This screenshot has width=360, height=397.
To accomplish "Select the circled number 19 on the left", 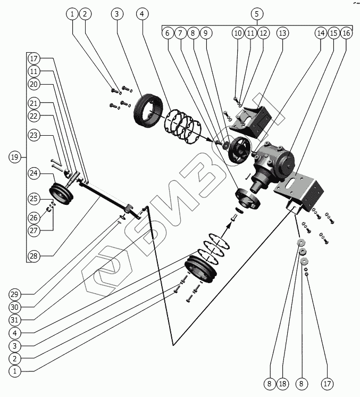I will (x=15, y=157).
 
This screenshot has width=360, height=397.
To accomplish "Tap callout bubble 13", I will (x=282, y=33).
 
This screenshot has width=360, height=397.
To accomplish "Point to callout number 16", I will (x=346, y=33).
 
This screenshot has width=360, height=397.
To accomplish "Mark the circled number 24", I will (x=34, y=173).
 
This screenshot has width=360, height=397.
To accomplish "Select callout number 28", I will (x=34, y=257).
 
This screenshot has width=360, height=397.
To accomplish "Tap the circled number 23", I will (x=34, y=136).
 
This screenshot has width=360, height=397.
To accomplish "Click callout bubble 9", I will (x=205, y=33).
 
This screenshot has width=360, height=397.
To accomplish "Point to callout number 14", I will (x=320, y=33).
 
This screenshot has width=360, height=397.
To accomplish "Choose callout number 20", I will (x=34, y=84).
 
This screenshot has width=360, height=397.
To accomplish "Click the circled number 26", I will (x=34, y=218).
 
